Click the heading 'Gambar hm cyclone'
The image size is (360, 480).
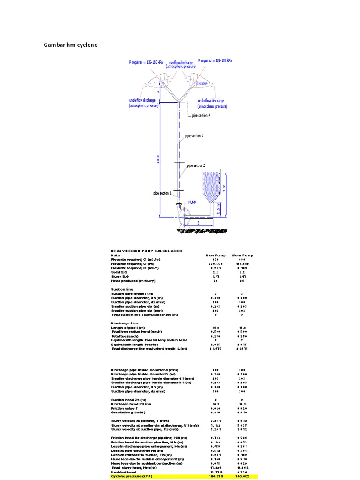pyautogui.click(x=71, y=45)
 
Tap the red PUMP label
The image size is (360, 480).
pyautogui.click(x=192, y=202)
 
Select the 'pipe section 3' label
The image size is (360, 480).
pyautogui.click(x=194, y=136)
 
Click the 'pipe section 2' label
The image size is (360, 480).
pyautogui.click(x=196, y=165)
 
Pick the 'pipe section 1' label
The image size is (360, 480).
pyautogui.click(x=162, y=193)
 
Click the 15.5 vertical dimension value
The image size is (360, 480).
pyautogui.click(x=158, y=159)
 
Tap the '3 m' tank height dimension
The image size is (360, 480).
pyautogui.click(x=224, y=187)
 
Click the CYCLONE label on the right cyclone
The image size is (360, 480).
pyautogui.click(x=202, y=83)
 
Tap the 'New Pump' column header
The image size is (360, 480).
pyautogui.click(x=216, y=255)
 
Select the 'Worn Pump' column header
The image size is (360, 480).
pyautogui.click(x=242, y=255)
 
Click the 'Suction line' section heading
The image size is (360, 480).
pyautogui.click(x=121, y=289)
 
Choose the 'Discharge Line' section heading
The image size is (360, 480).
pyautogui.click(x=125, y=323)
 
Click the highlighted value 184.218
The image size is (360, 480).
pyautogui.click(x=216, y=476)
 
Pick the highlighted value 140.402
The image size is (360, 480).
pyautogui.click(x=242, y=476)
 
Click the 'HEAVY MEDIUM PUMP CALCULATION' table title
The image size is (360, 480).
pyautogui.click(x=146, y=251)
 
